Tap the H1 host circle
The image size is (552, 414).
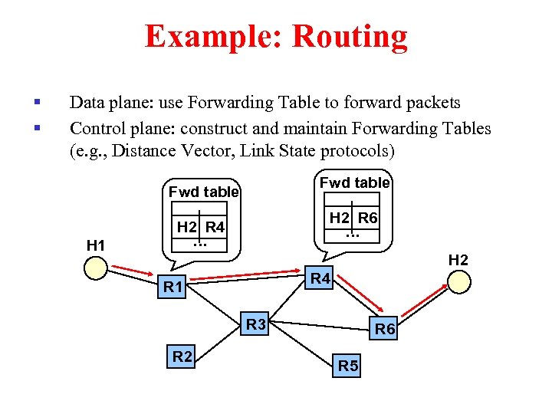tap(96, 268)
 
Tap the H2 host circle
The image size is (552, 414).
tap(458, 282)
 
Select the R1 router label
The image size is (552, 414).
tap(172, 288)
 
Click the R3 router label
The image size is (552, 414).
tap(256, 325)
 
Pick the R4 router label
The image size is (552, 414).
tap(318, 279)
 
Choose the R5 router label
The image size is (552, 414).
tap(348, 366)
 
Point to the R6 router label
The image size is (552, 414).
tap(384, 330)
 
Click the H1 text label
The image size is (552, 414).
tap(96, 245)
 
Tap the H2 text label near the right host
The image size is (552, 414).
tap(458, 260)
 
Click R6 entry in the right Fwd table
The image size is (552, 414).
tap(368, 218)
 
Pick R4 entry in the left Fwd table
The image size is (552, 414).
tap(215, 227)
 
